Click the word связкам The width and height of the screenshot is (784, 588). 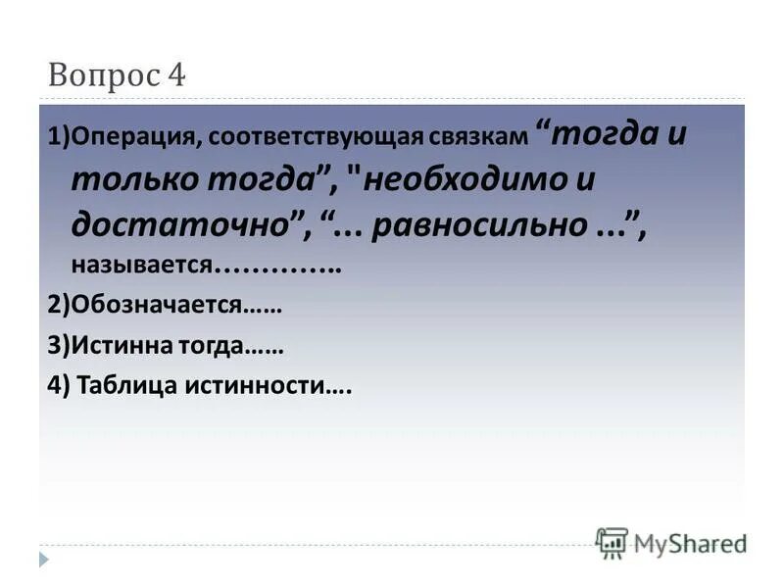click(x=477, y=138)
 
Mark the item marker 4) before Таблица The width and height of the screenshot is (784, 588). click(x=57, y=386)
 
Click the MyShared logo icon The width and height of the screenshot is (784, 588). click(x=612, y=543)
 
